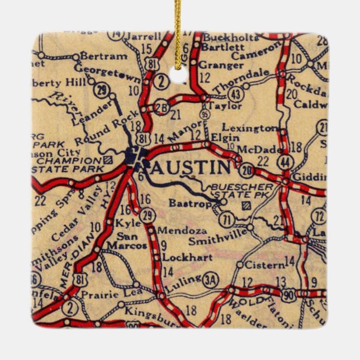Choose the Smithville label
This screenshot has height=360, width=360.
click(217, 241)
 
